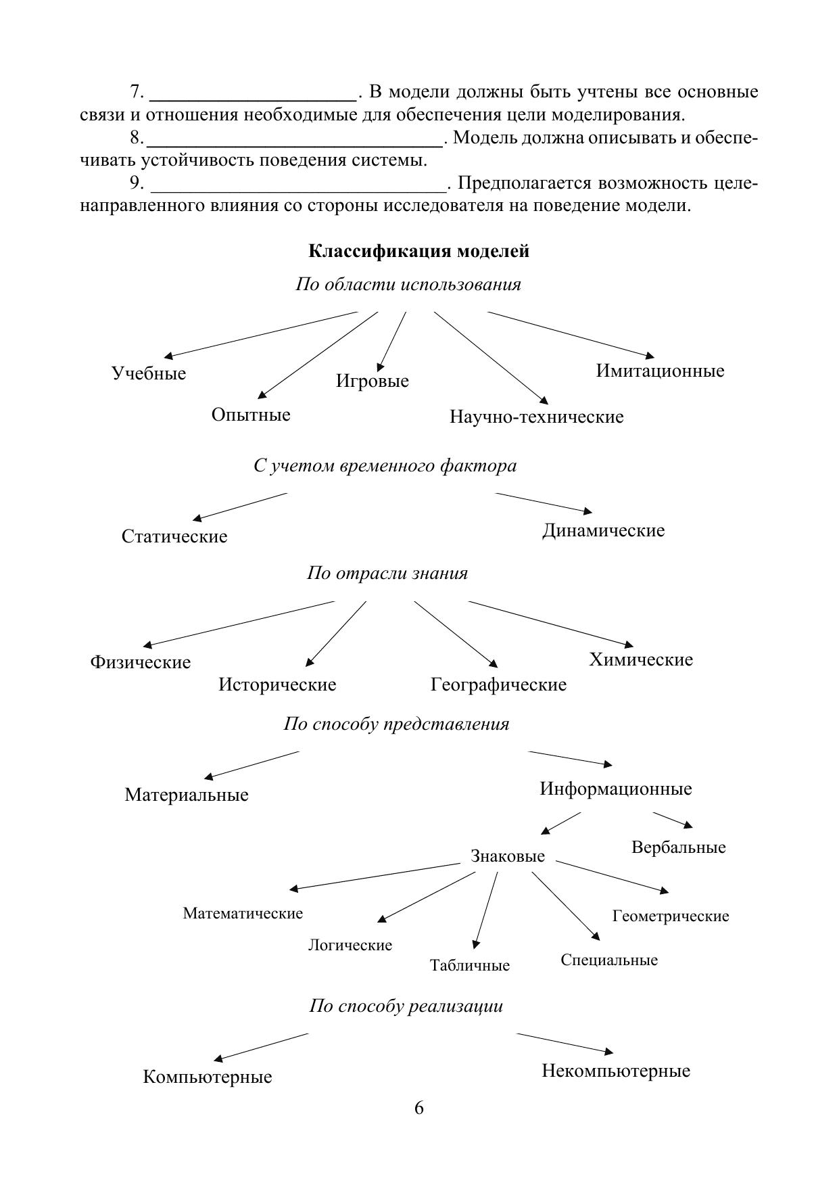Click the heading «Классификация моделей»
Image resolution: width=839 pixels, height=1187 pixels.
[418, 252]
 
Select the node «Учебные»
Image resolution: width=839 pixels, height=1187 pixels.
[149, 373]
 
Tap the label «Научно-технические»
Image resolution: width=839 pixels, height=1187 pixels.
[536, 417]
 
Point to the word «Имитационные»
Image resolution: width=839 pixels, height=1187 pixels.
[660, 371]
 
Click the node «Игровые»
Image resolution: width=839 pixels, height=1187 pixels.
[373, 381]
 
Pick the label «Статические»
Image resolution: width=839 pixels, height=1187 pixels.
[174, 536]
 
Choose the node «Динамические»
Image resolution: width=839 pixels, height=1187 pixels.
[603, 530]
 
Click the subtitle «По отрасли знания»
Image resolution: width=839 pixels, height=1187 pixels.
[387, 574]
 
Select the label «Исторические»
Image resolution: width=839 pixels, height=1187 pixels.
[277, 684]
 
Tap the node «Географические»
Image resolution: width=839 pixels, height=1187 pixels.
[498, 684]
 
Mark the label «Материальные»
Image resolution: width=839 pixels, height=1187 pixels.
[187, 795]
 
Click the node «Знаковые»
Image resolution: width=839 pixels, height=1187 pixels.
[508, 856]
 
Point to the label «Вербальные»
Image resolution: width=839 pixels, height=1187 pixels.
[678, 847]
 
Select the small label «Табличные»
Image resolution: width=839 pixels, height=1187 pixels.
[470, 965]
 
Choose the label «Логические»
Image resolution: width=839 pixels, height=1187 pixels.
[350, 945]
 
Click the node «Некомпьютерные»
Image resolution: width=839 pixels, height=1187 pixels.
[616, 1071]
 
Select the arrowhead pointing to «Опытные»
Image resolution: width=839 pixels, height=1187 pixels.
[262, 396]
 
